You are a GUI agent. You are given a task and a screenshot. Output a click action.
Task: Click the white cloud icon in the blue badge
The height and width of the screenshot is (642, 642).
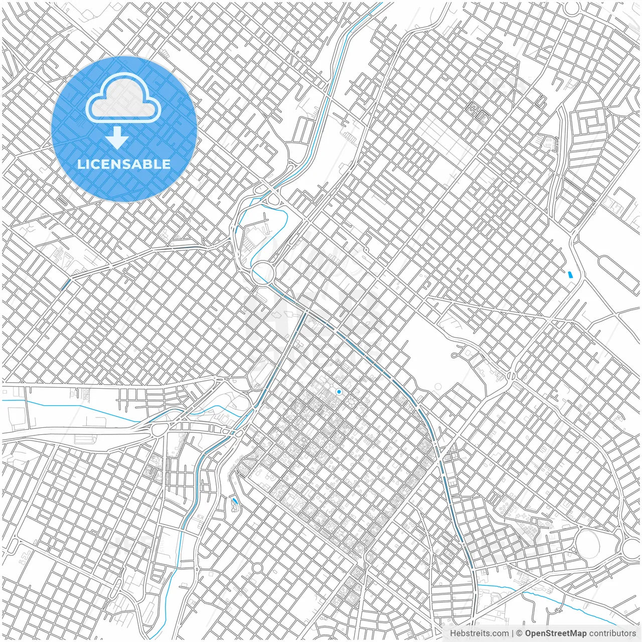click(x=123, y=98)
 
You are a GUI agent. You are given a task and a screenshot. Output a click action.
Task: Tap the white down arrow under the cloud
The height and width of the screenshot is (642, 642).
click(x=117, y=138)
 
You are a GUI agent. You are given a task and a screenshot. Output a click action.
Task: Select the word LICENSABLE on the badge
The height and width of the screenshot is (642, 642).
click(x=123, y=164)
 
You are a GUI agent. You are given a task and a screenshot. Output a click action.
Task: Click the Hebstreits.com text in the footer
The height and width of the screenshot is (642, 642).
click(x=479, y=633)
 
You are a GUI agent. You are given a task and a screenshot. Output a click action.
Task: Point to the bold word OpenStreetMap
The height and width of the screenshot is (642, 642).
click(x=556, y=633)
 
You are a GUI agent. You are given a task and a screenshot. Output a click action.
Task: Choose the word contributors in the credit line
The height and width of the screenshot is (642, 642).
click(x=612, y=633)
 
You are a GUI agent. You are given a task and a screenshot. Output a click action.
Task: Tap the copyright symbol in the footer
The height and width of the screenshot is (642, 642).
click(x=520, y=633)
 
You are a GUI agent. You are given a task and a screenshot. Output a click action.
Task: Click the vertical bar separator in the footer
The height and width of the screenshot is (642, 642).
click(x=513, y=633)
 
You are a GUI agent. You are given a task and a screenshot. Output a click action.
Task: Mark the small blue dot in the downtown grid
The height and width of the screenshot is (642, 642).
click(x=339, y=392)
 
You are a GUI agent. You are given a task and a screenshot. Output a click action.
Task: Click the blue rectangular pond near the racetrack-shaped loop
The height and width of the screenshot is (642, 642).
click(x=569, y=274)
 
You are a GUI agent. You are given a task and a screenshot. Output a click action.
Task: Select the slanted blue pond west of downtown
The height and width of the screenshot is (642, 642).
click(x=235, y=501)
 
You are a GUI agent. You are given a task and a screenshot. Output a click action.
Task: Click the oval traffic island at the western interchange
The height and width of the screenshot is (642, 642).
click(x=160, y=429)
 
